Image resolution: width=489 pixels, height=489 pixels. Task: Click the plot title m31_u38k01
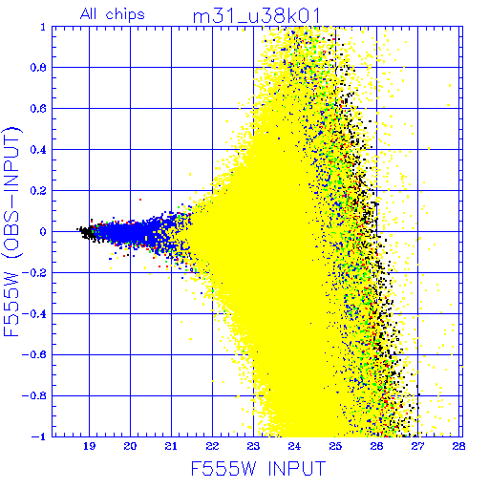[x=257, y=16]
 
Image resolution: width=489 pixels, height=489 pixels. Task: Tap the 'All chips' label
[x=113, y=14]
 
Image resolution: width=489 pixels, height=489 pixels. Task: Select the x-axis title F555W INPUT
[x=258, y=468]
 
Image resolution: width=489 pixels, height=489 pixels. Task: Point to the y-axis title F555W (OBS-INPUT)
[x=11, y=231]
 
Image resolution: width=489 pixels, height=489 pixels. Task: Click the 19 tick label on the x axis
[x=89, y=446]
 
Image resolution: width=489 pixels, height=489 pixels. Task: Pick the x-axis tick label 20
[x=130, y=446]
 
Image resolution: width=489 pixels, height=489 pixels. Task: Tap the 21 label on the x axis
[x=171, y=446]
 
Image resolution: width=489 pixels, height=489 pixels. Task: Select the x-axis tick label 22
[x=212, y=446]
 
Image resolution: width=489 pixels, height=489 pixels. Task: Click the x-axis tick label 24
[x=294, y=446]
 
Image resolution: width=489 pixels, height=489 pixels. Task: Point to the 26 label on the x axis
[x=376, y=446]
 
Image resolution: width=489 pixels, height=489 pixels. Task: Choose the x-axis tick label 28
[x=458, y=446]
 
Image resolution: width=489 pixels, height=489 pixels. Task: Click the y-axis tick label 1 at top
[x=43, y=27]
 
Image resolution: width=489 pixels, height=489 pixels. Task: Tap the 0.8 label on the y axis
[x=38, y=68]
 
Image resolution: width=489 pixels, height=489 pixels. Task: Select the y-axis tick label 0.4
[x=38, y=150]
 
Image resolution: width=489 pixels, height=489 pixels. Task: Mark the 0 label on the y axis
[x=43, y=232]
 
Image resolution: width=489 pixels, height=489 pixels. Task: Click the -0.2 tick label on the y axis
[x=34, y=273]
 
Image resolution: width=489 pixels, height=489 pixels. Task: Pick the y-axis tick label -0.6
[x=34, y=354]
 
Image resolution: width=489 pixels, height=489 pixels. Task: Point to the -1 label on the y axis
[x=39, y=436]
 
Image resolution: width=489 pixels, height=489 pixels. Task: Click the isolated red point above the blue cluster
[x=140, y=200]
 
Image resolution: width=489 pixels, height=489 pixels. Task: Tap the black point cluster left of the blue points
[x=87, y=232]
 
